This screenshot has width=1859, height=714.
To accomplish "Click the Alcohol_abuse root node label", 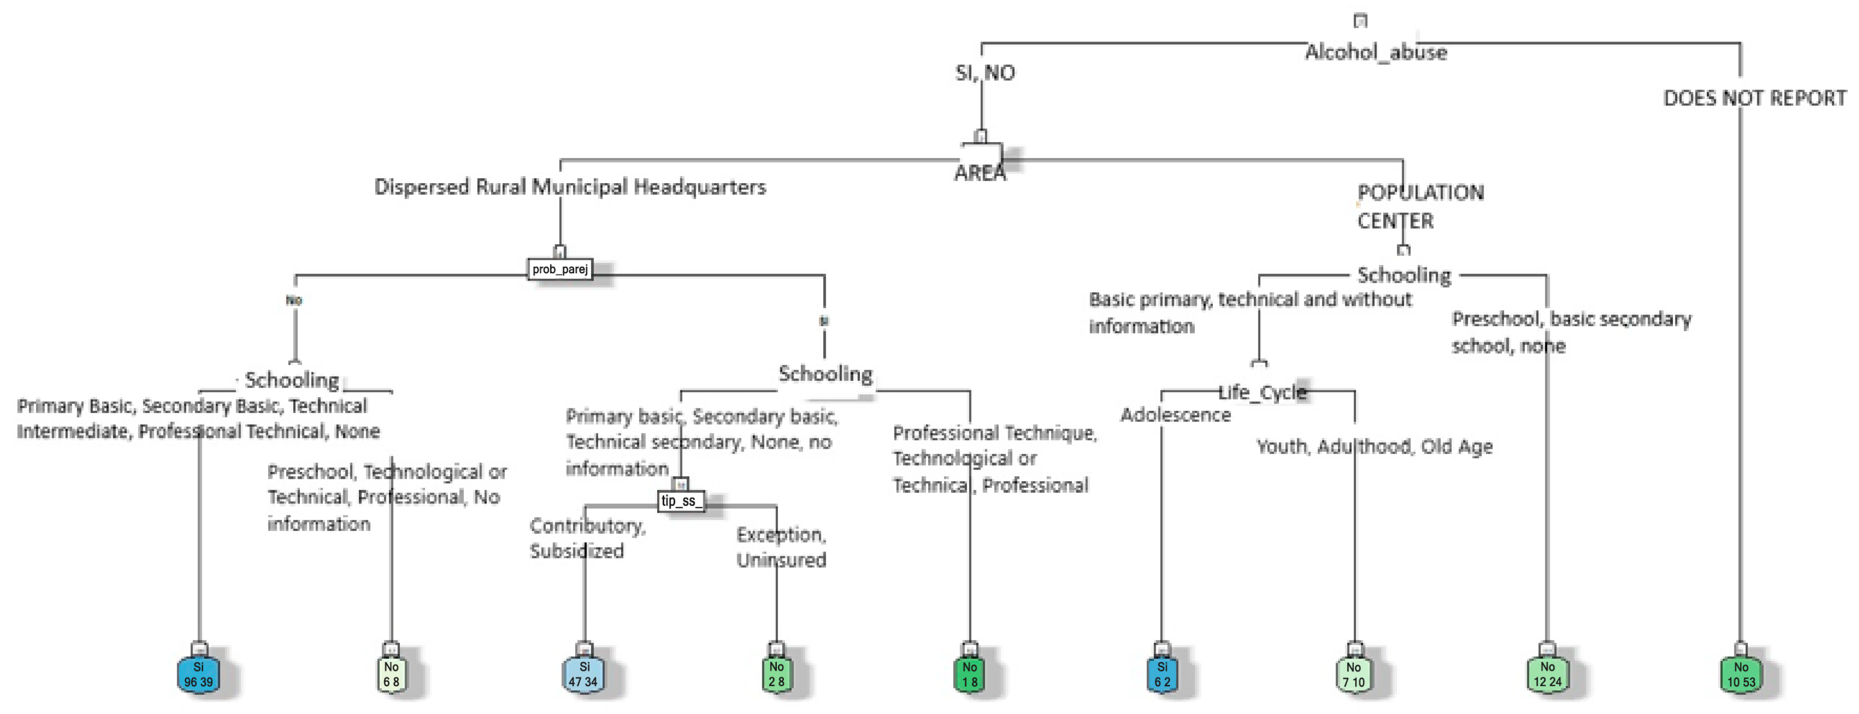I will (x=1375, y=52).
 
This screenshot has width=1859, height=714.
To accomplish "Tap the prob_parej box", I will (x=560, y=269).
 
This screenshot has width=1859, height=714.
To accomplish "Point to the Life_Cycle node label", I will (x=1262, y=392).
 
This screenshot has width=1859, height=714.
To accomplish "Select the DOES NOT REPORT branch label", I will (x=1754, y=98).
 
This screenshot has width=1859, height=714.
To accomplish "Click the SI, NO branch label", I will (x=985, y=73).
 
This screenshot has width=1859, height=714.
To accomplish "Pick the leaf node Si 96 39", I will (x=198, y=674).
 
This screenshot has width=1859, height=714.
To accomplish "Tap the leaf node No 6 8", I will (x=391, y=674).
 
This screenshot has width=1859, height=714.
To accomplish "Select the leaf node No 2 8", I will (x=776, y=674).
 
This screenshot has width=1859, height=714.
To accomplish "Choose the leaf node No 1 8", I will (x=969, y=674).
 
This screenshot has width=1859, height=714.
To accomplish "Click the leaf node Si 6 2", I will (x=1162, y=674).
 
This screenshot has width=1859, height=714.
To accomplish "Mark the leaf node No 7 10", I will (x=1354, y=674).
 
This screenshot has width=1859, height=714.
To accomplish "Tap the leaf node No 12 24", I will (x=1547, y=674).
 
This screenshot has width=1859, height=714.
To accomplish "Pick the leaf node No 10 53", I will (x=1741, y=674).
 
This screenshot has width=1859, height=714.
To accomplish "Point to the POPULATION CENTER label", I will (x=1419, y=206).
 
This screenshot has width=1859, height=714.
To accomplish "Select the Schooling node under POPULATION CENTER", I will (x=1404, y=275).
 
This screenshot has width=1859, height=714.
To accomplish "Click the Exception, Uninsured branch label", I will (x=781, y=547).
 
